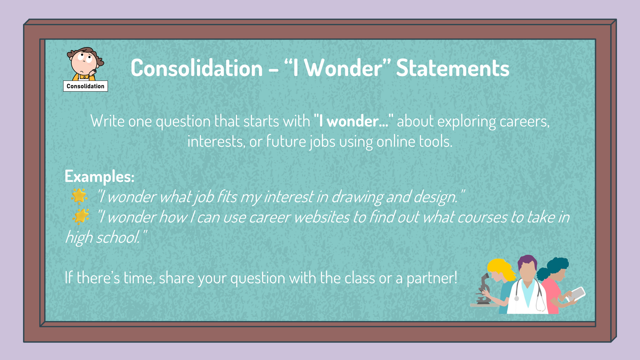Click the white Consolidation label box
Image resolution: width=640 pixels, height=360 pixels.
click(86, 86)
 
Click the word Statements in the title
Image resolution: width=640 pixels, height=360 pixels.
click(453, 68)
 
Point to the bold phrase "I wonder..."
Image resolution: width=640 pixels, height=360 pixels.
click(354, 121)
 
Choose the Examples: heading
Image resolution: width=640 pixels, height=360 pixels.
click(99, 177)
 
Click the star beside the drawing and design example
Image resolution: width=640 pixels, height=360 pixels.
click(79, 196)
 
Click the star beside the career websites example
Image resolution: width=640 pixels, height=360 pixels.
click(81, 216)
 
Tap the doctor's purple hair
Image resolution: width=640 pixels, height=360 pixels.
click(527, 261)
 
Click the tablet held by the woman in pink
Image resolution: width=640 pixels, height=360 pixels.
click(577, 294)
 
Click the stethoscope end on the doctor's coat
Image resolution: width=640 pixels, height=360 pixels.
click(517, 299)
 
